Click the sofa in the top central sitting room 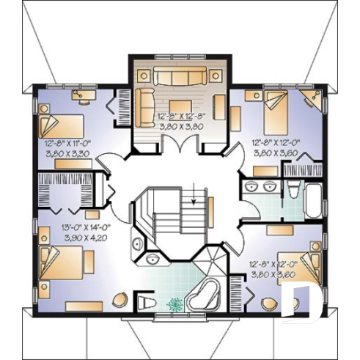tap(180, 76)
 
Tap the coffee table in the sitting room tap(180, 102)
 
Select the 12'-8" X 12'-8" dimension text tap(180, 116)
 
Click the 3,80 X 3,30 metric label tap(67, 155)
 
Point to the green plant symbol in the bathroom tap(176, 304)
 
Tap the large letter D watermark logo tap(303, 301)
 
